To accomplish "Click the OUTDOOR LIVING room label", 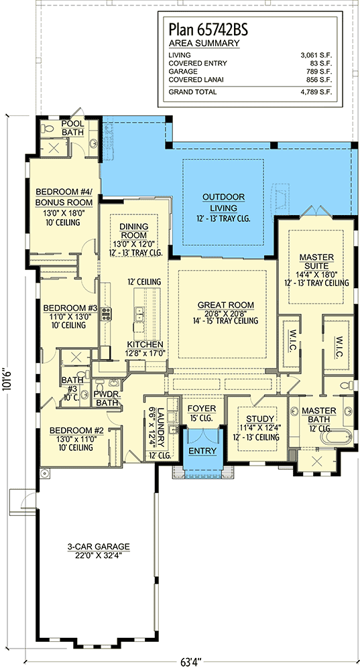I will click(x=223, y=202).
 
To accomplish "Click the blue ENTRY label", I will click(x=202, y=451).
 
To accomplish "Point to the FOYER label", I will click(x=201, y=409).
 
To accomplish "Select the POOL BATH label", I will click(x=72, y=128).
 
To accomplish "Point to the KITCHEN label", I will click(x=145, y=344).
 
